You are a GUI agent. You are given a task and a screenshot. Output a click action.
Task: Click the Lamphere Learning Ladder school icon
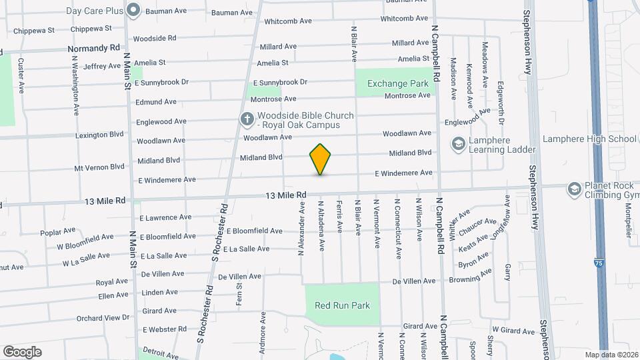point(458,143)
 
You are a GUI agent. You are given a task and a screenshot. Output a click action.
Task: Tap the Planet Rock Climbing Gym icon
point(573,190)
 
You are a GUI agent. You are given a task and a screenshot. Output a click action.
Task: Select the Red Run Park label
point(342,305)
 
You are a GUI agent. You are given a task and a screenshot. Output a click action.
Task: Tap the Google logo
point(22,352)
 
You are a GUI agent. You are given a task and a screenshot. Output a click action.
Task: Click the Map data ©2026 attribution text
point(611,355)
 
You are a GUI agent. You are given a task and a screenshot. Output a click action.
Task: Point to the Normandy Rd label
point(95,49)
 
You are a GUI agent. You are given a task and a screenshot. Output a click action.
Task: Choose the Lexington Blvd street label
point(100,135)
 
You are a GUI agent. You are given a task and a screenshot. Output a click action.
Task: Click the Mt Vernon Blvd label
point(99,167)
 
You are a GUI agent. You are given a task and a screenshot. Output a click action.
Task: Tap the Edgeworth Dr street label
point(501,103)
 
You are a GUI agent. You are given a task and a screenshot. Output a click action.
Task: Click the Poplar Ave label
point(58,231)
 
